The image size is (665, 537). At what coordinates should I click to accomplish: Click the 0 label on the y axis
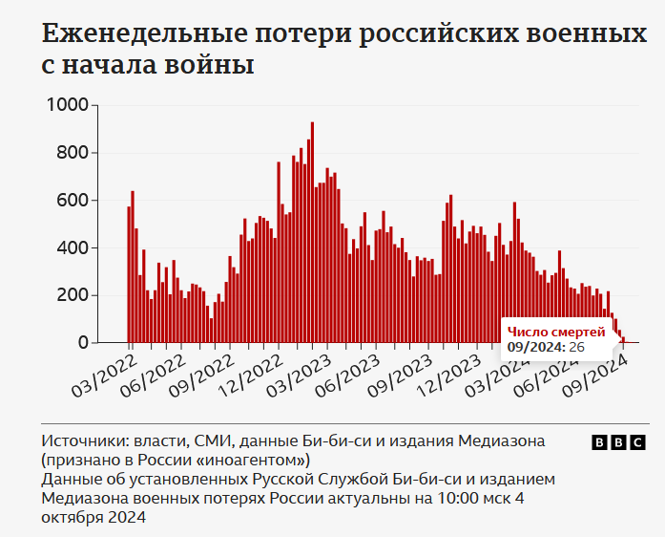click(84, 342)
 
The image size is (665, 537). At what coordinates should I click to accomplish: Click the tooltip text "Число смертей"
click(555, 331)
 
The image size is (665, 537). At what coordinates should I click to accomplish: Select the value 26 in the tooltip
click(576, 346)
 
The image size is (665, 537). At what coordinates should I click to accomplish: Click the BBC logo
click(618, 442)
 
